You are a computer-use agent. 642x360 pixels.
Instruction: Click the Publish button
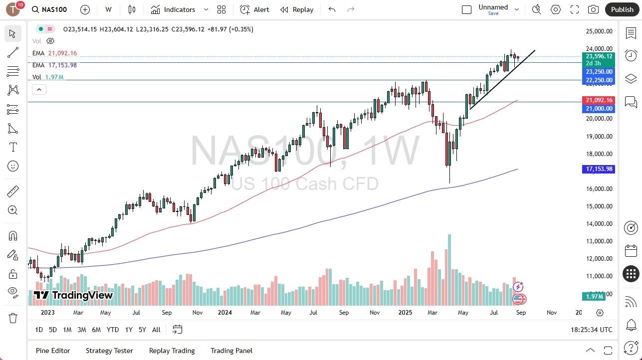coord(622,9)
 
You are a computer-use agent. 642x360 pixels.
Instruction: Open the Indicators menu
coord(173,9)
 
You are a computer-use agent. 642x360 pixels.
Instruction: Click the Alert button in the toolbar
coord(254,9)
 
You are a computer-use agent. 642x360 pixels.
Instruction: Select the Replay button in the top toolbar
coord(297,9)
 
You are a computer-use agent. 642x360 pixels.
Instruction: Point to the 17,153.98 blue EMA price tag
coord(598,169)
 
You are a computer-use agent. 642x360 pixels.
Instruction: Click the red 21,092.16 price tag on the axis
coord(598,100)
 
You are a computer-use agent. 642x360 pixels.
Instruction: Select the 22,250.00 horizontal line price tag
coord(598,80)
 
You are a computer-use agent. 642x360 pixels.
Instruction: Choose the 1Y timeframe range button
coord(129,330)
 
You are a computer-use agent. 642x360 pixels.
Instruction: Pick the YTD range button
coord(113,330)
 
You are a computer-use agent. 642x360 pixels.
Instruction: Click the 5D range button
coord(53,330)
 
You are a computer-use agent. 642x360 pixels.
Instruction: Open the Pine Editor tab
coord(53,351)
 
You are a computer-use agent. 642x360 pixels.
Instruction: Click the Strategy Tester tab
coord(109,351)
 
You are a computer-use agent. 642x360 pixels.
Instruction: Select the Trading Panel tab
coord(231,351)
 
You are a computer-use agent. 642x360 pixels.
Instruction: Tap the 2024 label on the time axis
coord(225,313)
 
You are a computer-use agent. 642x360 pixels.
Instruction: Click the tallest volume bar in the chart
coord(449,269)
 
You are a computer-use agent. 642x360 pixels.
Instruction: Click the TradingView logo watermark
coord(73,295)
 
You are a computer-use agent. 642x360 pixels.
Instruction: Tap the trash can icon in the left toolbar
coord(13,318)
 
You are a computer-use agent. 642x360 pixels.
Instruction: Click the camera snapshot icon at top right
coord(593,9)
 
